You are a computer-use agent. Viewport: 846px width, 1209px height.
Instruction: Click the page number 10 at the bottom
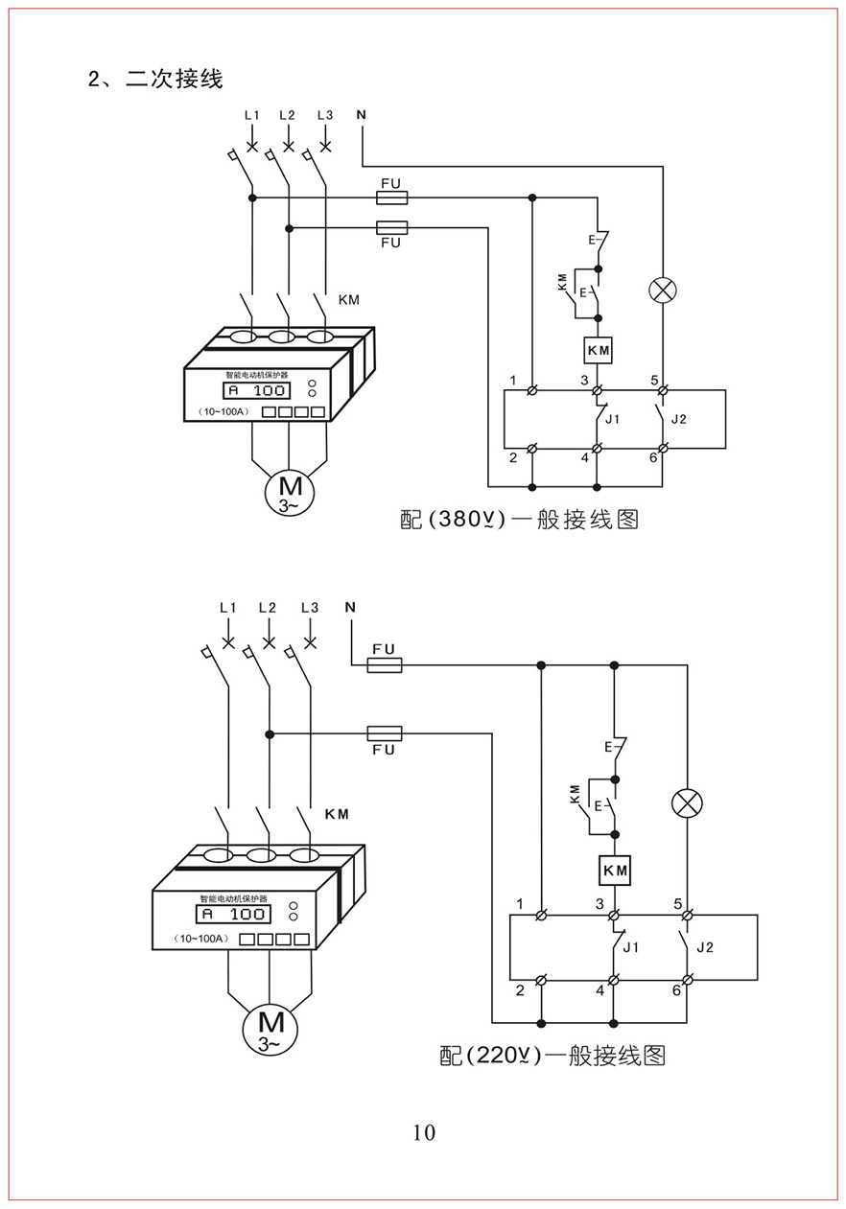pyautogui.click(x=424, y=1132)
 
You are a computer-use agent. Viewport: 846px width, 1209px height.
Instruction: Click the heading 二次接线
pyautogui.click(x=174, y=79)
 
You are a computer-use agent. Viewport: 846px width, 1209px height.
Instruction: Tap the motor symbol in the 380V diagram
pyautogui.click(x=290, y=492)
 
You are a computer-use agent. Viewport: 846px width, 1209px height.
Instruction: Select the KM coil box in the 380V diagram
pyautogui.click(x=598, y=350)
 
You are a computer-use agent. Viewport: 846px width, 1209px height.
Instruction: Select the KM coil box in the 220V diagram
pyautogui.click(x=615, y=870)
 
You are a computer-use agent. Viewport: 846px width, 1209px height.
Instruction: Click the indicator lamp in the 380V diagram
pyautogui.click(x=663, y=291)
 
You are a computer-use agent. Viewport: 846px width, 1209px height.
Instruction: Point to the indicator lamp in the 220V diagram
pyautogui.click(x=687, y=803)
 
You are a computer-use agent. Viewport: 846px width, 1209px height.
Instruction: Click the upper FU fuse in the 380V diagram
pyautogui.click(x=391, y=198)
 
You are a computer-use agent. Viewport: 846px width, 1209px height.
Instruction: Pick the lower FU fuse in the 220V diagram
pyautogui.click(x=385, y=732)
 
